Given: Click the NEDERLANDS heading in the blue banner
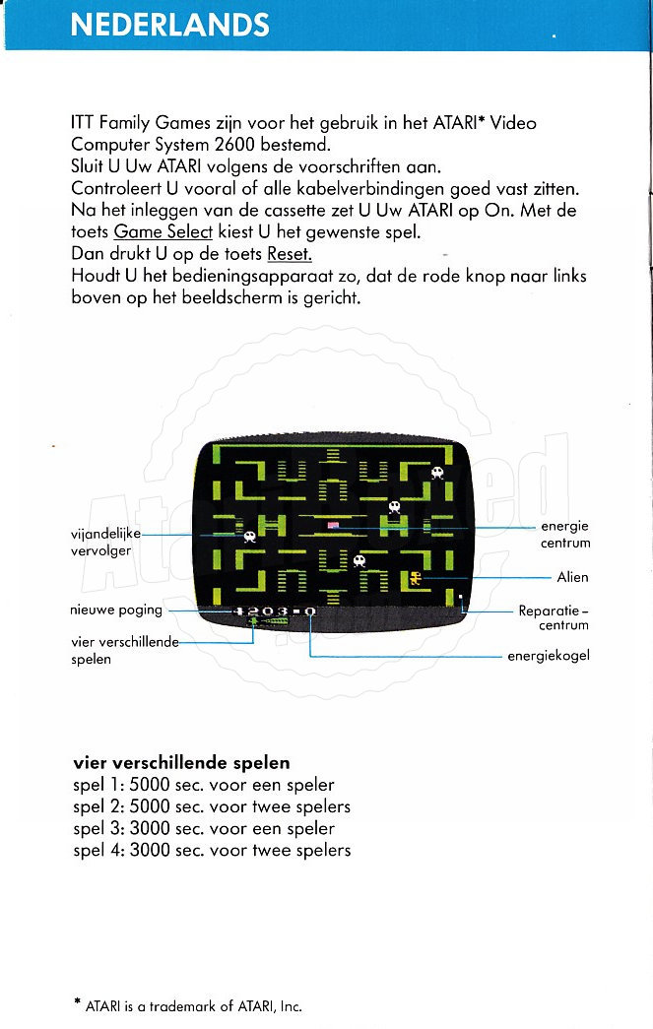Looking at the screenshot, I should tap(169, 25).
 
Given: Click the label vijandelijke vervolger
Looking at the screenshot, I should tap(106, 542).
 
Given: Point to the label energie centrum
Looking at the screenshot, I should tap(564, 535).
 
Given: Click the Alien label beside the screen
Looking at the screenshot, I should tap(572, 577).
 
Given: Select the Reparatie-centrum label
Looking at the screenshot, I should tap(554, 617).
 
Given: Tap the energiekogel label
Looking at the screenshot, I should tap(548, 656).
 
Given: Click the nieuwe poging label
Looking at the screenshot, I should tap(115, 610).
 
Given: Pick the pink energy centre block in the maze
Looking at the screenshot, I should tap(333, 525).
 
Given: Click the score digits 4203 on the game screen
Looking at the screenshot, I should tap(264, 611).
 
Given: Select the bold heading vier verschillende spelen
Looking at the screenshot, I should tap(181, 763).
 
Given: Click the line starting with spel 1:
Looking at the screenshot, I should tap(204, 785).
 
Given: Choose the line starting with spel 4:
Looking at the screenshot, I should tap(212, 850).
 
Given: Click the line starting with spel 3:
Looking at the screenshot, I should tap(204, 828).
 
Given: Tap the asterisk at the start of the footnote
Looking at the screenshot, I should tap(77, 1003).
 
